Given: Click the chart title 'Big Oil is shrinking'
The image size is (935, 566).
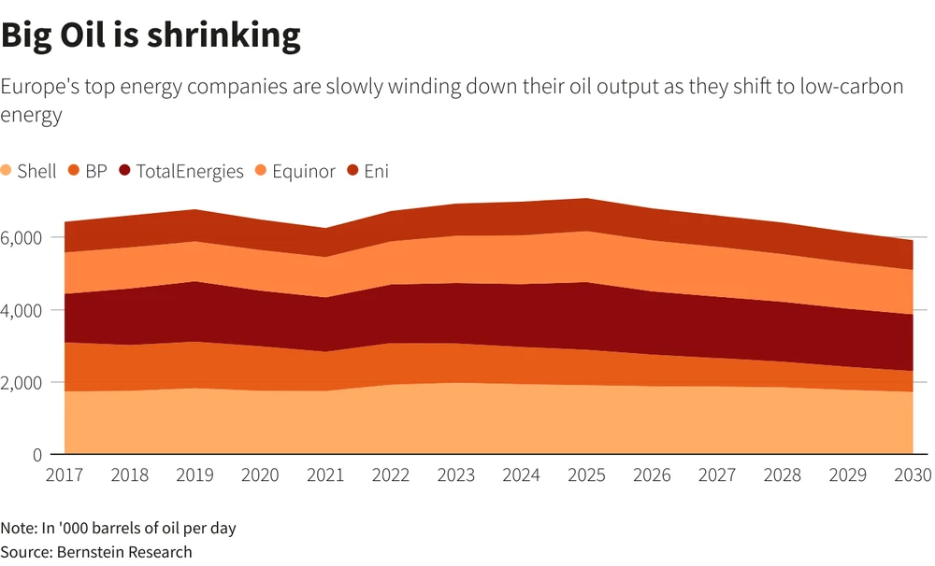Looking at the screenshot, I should [x=151, y=35].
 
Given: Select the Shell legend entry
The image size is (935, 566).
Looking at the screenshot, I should [x=29, y=171].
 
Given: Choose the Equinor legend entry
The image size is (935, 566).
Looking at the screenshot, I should [x=295, y=171].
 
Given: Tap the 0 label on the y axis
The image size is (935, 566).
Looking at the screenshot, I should [x=36, y=455].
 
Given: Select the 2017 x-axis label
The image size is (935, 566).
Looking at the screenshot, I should [x=65, y=475].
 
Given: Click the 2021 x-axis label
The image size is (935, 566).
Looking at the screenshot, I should [x=325, y=475].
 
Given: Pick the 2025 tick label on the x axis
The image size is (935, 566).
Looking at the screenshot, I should [x=585, y=475].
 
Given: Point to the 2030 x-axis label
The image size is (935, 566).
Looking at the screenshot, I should [x=911, y=475].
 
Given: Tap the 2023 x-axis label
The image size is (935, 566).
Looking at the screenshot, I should [x=455, y=475].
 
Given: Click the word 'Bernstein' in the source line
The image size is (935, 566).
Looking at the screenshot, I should [x=88, y=552].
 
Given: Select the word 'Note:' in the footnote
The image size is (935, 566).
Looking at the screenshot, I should [x=19, y=528].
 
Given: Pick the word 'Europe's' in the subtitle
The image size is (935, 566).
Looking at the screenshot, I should [x=36, y=87].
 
